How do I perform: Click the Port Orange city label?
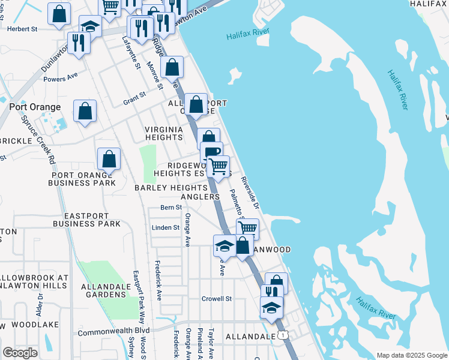35,107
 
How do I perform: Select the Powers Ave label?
61,77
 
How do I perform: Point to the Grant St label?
134,95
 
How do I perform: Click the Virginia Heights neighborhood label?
164,133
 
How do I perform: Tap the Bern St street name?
170,208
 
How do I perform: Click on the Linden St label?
166,227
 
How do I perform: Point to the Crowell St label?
217,298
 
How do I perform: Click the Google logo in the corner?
20,353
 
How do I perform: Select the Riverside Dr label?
250,193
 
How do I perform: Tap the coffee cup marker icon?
211,152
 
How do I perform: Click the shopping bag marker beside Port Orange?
85,111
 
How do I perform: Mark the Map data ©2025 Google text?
411,355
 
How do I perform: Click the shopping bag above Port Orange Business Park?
109,159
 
